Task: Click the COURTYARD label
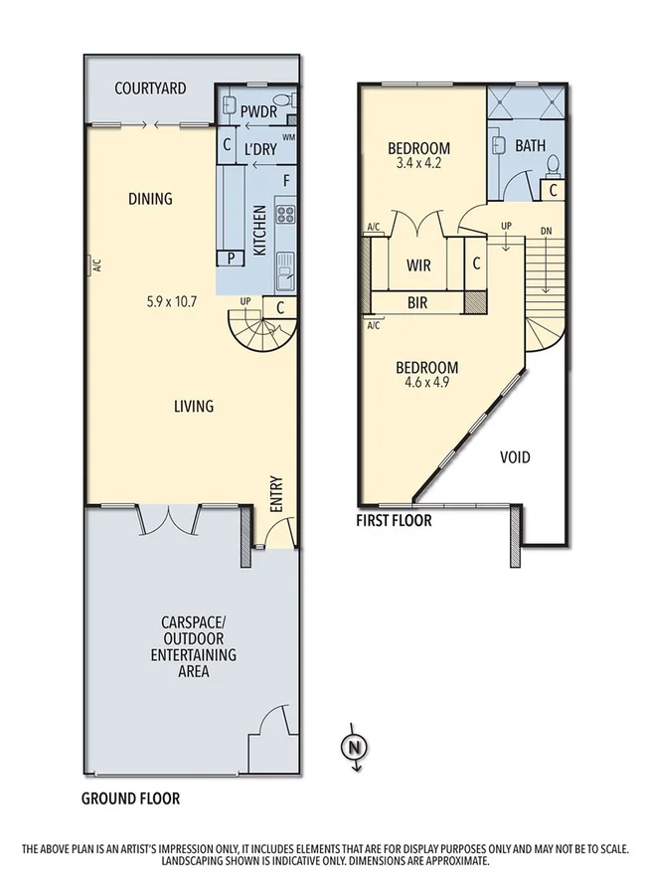150,88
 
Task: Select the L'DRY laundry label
259,149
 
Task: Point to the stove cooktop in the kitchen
284,215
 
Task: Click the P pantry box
232,258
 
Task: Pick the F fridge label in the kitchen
285,181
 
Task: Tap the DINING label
150,199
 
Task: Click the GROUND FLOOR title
130,798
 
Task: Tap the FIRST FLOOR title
395,520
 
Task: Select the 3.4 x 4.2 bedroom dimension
417,164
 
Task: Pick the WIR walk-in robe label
417,265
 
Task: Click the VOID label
514,458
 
